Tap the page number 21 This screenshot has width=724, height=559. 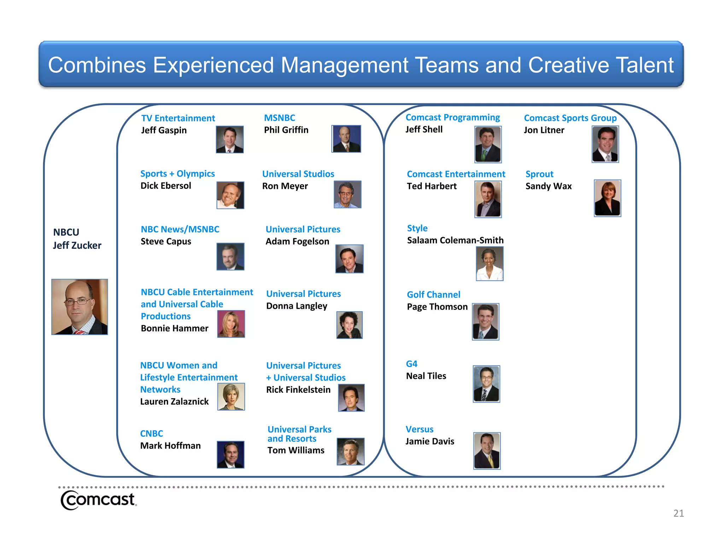[678, 513]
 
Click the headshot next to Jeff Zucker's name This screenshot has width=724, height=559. [80, 307]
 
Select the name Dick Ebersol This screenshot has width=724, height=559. [166, 186]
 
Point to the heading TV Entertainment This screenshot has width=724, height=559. [178, 118]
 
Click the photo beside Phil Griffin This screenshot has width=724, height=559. [346, 139]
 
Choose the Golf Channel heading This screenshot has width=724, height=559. [433, 295]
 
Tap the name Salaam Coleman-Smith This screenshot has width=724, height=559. [455, 240]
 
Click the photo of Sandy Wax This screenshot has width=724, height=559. [607, 198]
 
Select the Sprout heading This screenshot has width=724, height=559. [539, 174]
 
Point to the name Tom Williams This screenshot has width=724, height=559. [296, 450]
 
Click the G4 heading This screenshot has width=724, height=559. [411, 364]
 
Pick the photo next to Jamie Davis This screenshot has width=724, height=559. [487, 451]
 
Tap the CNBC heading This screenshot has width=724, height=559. [152, 434]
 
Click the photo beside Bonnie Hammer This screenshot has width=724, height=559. [231, 324]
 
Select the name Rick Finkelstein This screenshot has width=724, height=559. [298, 390]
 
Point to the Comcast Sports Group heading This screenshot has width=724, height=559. [570, 118]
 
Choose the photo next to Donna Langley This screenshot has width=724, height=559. [349, 325]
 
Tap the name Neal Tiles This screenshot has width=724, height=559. [426, 376]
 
